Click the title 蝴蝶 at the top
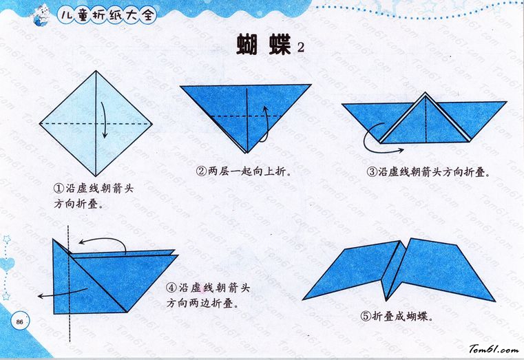point(264,45)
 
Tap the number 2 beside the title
point(301,47)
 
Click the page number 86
point(19,322)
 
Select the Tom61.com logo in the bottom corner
point(494,349)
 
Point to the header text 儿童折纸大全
point(107,14)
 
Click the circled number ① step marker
point(59,189)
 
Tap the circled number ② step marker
point(201,171)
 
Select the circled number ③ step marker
point(372,172)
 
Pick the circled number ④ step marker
point(171,288)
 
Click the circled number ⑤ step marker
point(366,316)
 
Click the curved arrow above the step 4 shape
point(103,238)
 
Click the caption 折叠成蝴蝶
point(403,316)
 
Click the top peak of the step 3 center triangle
point(425,92)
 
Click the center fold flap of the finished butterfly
point(395,271)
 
